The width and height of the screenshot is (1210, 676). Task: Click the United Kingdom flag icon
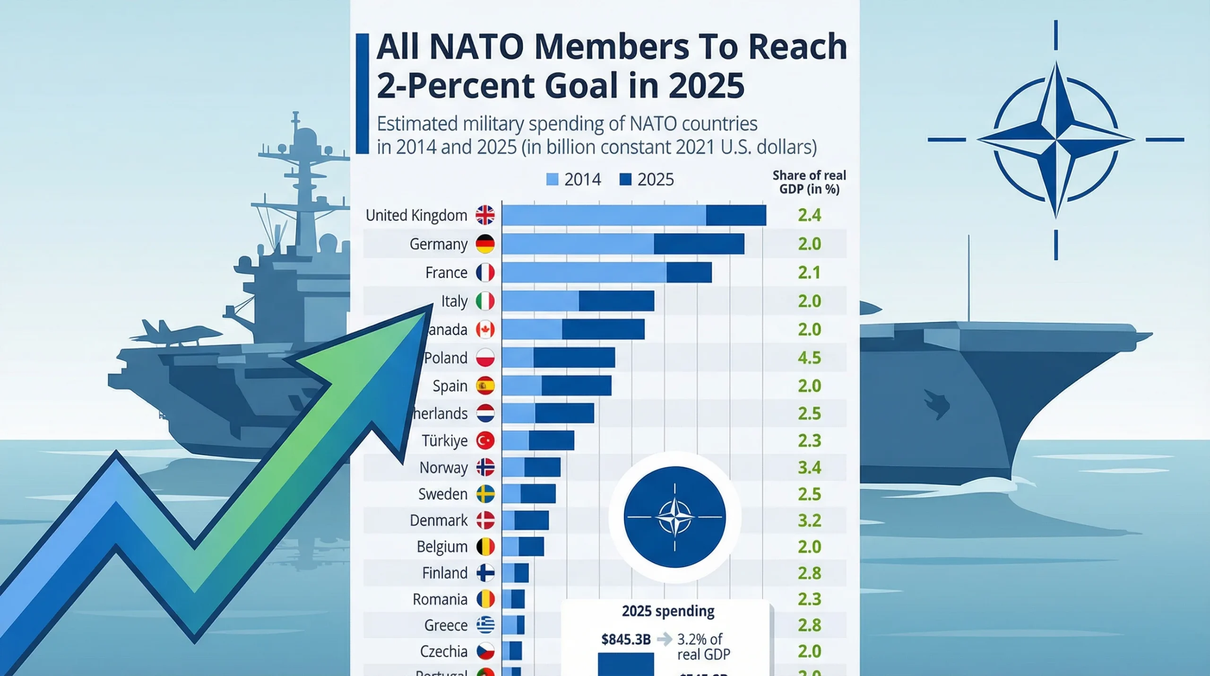tap(485, 215)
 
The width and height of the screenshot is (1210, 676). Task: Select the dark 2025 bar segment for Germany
tap(699, 244)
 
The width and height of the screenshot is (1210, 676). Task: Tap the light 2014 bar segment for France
tap(584, 272)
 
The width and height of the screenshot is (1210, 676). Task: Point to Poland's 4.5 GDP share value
tap(809, 358)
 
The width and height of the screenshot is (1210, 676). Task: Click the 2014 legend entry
tap(573, 180)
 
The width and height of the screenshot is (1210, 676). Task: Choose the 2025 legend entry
tap(646, 180)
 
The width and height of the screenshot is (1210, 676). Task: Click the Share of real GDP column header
tap(809, 182)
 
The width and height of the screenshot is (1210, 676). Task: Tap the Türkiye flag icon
tap(485, 440)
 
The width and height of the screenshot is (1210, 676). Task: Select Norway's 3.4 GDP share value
tap(809, 467)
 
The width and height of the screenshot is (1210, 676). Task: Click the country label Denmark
tap(438, 520)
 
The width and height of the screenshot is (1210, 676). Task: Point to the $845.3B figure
tap(626, 640)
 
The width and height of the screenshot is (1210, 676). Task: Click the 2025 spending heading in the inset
tap(668, 611)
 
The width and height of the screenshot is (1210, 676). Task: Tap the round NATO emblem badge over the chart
tap(674, 517)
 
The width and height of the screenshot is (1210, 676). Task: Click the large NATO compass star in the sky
tap(1055, 140)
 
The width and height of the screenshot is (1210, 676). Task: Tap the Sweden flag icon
tap(485, 494)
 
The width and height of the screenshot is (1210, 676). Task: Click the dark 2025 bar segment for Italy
tap(616, 301)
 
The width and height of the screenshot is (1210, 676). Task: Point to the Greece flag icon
tap(485, 625)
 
